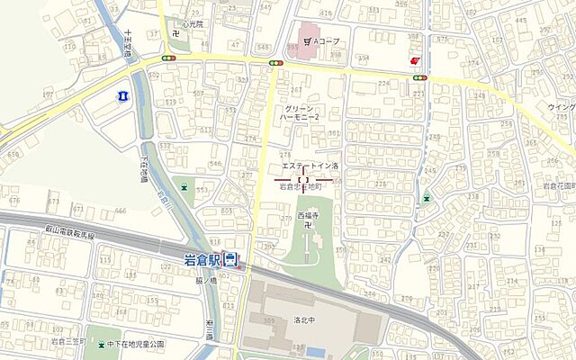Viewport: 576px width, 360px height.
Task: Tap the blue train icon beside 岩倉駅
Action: pyautogui.click(x=231, y=261)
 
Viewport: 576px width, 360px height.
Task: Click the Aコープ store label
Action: pyautogui.click(x=320, y=41)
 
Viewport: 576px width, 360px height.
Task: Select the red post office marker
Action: pyautogui.click(x=413, y=60)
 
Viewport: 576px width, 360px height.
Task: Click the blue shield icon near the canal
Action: pyautogui.click(x=123, y=94)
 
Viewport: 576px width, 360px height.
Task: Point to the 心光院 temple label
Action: pyautogui.click(x=193, y=24)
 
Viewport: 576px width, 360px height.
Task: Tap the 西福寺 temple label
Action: pyautogui.click(x=309, y=217)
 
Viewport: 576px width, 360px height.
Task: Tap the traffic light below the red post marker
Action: pyautogui.click(x=418, y=78)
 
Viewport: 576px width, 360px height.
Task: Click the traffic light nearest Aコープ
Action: pyautogui.click(x=275, y=62)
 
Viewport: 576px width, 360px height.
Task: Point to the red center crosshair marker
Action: pyautogui.click(x=302, y=179)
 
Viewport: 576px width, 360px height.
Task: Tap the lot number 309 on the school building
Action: pyautogui.click(x=267, y=320)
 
